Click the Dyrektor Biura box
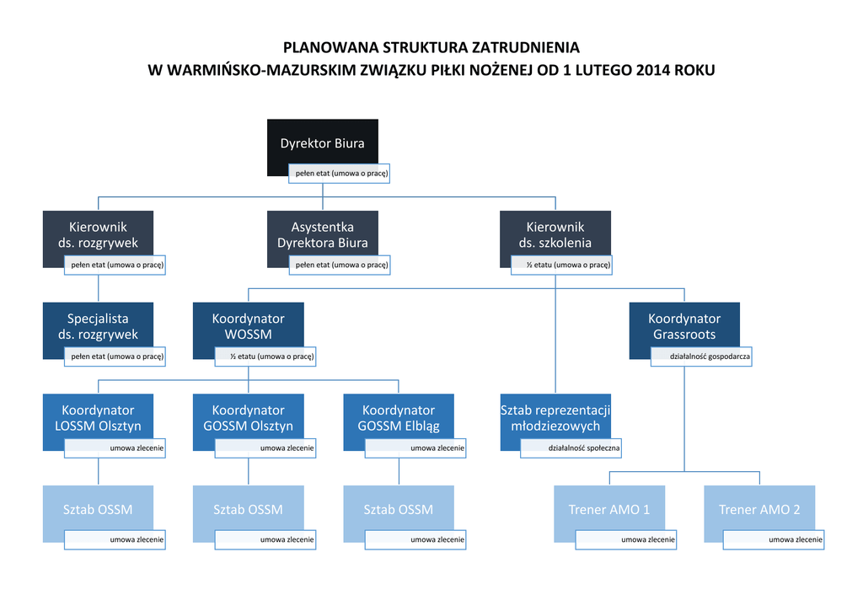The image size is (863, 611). click(322, 143)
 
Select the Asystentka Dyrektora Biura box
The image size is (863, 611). click(322, 235)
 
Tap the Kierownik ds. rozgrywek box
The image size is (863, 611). click(98, 235)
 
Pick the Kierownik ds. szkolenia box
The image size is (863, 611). click(555, 235)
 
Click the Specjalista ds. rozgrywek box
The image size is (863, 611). click(98, 327)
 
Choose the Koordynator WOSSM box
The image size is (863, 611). click(248, 327)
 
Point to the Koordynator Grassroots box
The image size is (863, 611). click(683, 327)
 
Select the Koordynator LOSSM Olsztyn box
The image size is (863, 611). click(98, 418)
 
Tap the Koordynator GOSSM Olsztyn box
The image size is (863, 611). click(248, 418)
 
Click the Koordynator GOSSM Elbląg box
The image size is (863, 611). click(398, 418)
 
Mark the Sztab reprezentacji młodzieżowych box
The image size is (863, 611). click(555, 418)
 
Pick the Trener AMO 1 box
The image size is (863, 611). click(608, 510)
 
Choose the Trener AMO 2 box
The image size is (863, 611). click(758, 510)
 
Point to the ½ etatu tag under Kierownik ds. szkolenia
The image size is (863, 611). click(561, 265)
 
